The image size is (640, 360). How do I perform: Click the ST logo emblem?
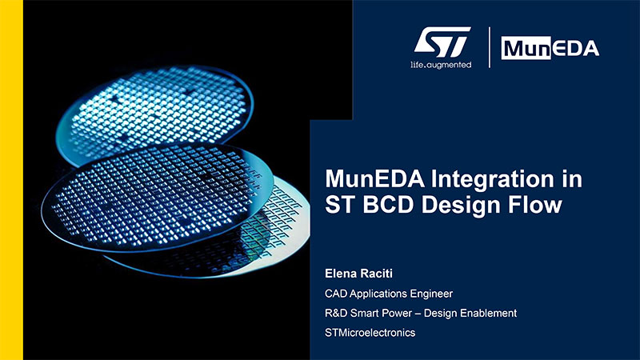click(x=442, y=42)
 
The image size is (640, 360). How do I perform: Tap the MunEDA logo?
click(x=550, y=48)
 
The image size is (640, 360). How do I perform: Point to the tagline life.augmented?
click(x=441, y=65)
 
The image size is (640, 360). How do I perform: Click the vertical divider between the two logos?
click(x=490, y=47)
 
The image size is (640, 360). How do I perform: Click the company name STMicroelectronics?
click(x=370, y=333)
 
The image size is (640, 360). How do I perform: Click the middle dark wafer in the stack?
click(x=157, y=196)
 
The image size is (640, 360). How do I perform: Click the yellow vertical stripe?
click(x=11, y=180)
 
